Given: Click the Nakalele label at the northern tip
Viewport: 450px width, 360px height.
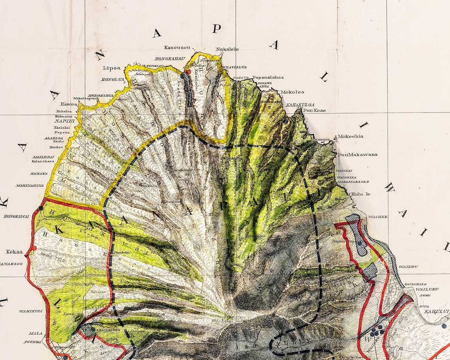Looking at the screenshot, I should click(x=227, y=49).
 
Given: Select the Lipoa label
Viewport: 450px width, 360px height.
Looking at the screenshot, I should click(x=112, y=68).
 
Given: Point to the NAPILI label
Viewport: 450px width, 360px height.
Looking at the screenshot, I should click(x=62, y=121).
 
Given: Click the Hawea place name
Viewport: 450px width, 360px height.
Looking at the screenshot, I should click(x=69, y=104).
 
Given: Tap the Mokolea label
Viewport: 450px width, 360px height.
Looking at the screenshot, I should click(x=292, y=92).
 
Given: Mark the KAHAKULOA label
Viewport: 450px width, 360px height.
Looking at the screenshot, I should click(x=300, y=105).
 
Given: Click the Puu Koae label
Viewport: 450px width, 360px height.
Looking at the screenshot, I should click(x=314, y=111).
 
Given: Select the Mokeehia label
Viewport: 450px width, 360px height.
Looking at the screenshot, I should click(x=351, y=136).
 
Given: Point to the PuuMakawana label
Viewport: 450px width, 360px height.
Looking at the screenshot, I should click(x=357, y=154).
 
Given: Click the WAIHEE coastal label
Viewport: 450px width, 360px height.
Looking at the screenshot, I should click(x=377, y=217).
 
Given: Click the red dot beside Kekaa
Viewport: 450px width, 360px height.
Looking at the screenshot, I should click(x=34, y=248).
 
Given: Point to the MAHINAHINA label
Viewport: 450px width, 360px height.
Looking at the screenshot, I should click(x=29, y=185).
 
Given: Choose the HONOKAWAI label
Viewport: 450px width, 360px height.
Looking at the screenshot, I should click(x=16, y=216).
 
